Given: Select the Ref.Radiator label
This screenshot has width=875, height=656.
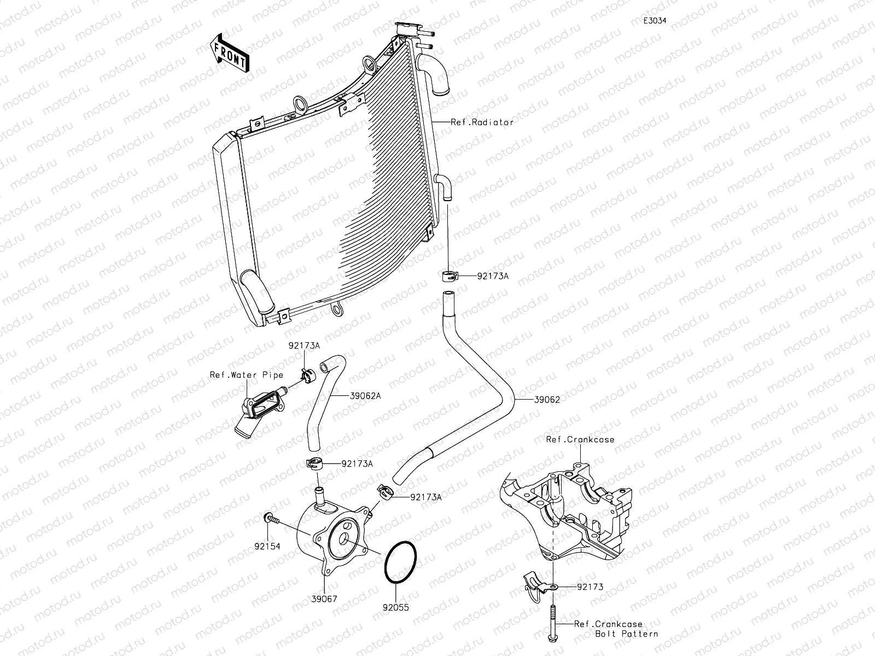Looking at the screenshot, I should [482, 122].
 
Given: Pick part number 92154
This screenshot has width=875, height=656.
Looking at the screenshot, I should [267, 546].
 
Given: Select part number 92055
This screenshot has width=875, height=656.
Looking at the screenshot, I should [395, 607].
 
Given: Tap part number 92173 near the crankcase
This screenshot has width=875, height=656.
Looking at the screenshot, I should [590, 587].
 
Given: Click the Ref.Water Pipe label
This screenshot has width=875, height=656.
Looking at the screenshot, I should [247, 375].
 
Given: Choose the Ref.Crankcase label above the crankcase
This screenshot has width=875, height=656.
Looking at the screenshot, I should [580, 440].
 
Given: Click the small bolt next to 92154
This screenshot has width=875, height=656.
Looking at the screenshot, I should [270, 517].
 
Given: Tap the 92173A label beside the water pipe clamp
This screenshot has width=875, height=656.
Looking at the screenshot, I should [305, 346].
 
